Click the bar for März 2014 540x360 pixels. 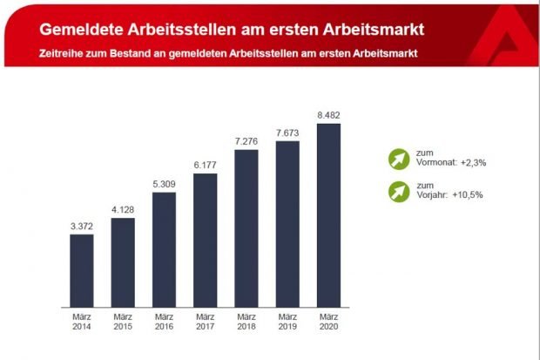(81, 271)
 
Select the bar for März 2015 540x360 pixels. (123, 262)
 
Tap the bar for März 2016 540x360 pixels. (164, 250)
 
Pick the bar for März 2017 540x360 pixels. (205, 241)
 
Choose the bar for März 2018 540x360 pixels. (246, 229)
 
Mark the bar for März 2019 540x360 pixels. (287, 225)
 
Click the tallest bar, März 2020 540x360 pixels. (328, 216)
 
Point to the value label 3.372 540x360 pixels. (81, 226)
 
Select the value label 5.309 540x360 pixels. (164, 184)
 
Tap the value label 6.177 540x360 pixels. (205, 165)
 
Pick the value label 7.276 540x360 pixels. (246, 141)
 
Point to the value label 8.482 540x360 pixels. (328, 115)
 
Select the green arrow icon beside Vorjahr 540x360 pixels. (398, 190)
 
